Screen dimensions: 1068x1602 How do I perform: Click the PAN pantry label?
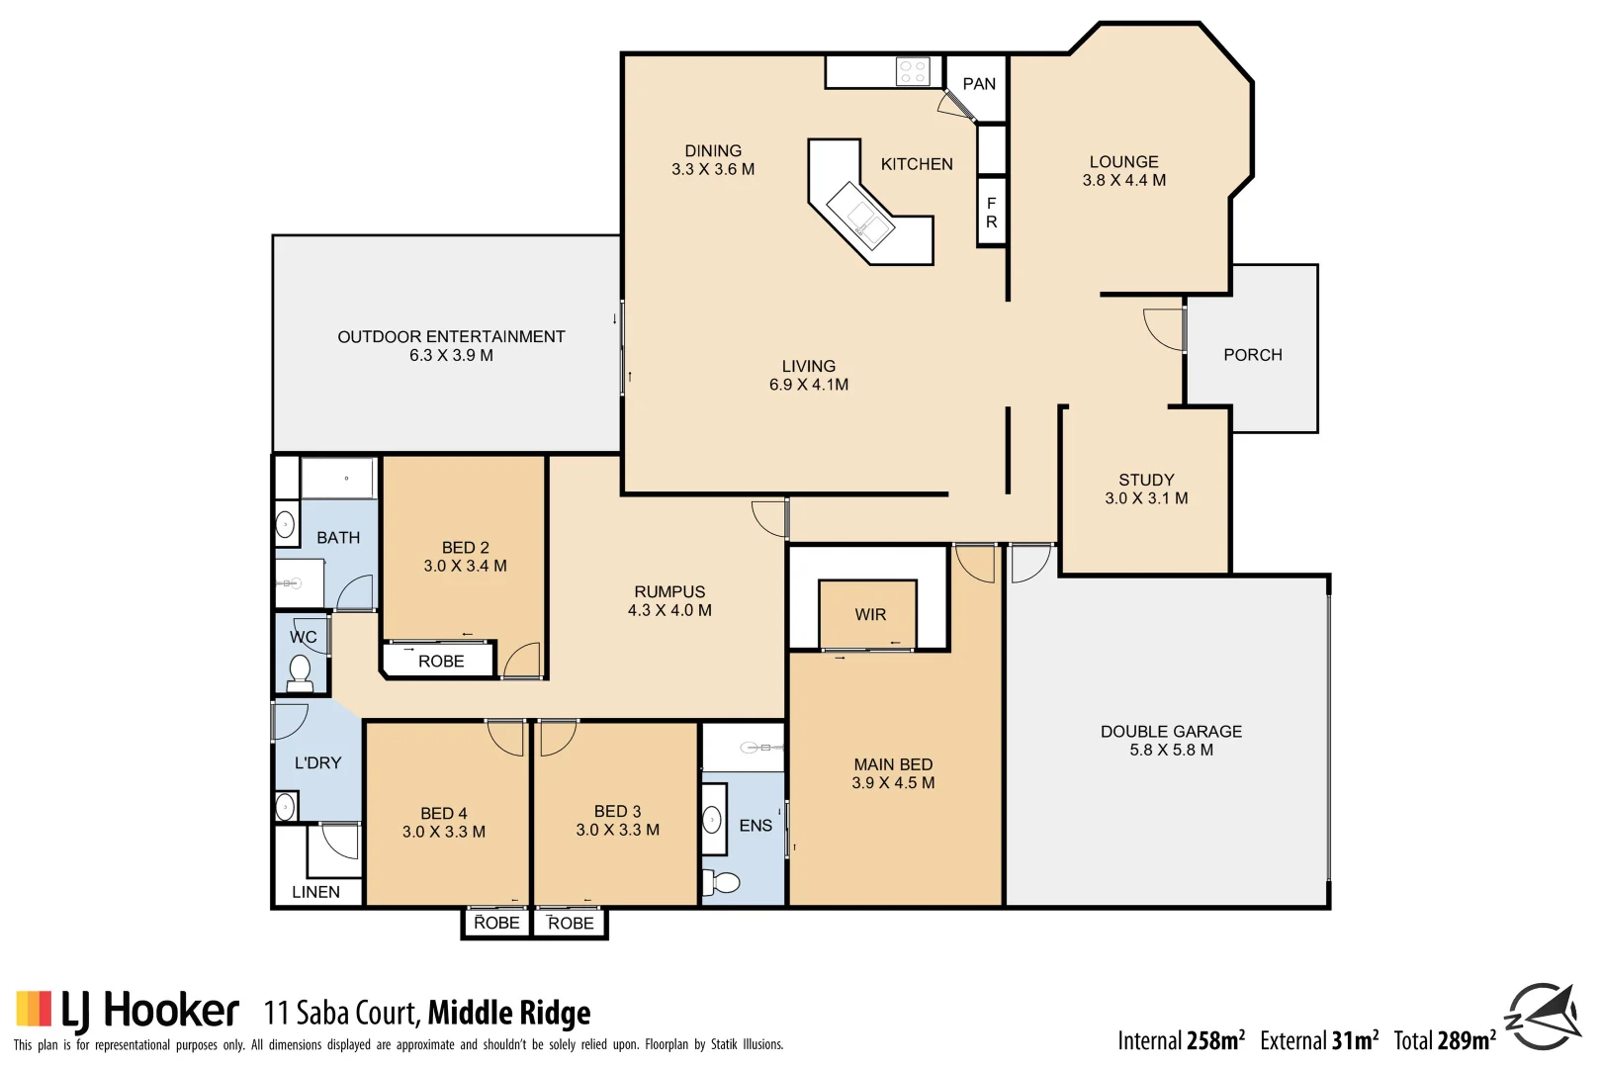[x=979, y=84]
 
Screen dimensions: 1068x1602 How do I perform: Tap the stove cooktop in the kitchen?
[x=912, y=71]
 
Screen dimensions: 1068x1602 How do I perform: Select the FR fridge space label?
[x=991, y=213]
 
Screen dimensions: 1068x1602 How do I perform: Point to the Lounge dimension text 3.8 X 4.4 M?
[x=1123, y=181]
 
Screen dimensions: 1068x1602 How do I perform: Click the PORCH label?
[x=1252, y=355]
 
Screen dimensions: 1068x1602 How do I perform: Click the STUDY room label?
[x=1146, y=480]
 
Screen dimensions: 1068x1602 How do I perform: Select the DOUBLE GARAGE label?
[x=1171, y=732]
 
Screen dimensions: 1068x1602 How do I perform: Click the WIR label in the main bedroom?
[x=870, y=615]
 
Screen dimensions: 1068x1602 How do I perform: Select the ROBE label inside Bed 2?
[x=441, y=662]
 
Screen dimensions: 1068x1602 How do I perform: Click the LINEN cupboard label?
[x=315, y=892]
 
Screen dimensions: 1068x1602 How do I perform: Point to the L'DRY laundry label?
[x=317, y=763]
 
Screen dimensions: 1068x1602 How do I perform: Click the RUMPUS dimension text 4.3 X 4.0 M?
[x=669, y=611]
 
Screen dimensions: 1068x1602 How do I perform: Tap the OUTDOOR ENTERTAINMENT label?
[x=451, y=337]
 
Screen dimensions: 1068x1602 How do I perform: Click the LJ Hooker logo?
[x=128, y=1011]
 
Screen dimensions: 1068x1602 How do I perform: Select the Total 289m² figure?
[x=1444, y=1040]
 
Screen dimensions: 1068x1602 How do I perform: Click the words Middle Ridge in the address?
[x=508, y=1014]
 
